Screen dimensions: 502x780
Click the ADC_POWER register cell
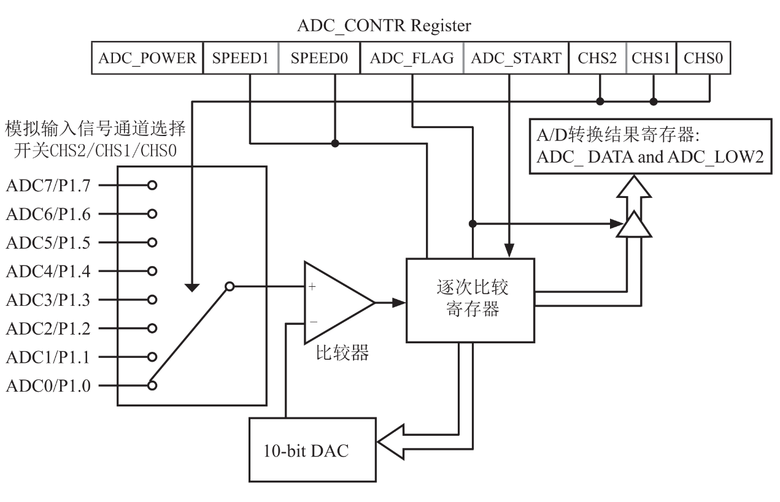point(147,58)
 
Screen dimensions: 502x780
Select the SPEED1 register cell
point(240,58)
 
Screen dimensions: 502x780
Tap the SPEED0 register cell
point(319,58)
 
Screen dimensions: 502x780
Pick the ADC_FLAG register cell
point(412,58)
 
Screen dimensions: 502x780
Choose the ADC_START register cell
point(516,58)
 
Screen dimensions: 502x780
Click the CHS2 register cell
point(598,58)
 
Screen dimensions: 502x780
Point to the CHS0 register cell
point(703,58)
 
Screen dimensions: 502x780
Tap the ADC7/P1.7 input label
point(47,184)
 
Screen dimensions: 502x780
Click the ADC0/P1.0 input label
point(47,386)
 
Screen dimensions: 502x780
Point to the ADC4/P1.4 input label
point(47,271)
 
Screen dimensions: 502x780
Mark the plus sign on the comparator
point(312,287)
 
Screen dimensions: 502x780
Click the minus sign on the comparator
point(312,320)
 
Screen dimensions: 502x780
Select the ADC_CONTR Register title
point(384,26)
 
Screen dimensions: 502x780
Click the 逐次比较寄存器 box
point(469,300)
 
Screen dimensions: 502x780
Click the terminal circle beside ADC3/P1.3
point(152,300)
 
